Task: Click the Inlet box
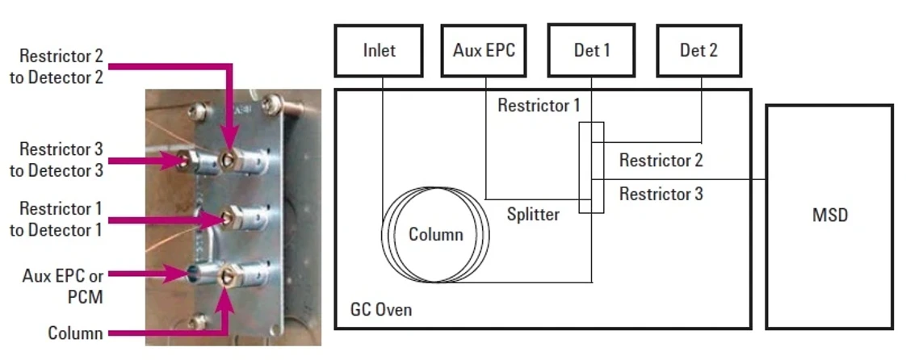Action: click(x=379, y=51)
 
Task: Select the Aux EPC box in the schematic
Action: click(x=484, y=51)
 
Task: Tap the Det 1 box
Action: click(x=591, y=51)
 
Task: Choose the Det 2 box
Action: click(x=698, y=51)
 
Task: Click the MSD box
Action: click(x=829, y=216)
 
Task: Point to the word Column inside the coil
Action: click(x=436, y=235)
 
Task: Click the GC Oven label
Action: click(x=380, y=310)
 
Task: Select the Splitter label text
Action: click(x=533, y=215)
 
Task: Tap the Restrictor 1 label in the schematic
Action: click(x=539, y=106)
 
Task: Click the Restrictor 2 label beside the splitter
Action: click(x=661, y=161)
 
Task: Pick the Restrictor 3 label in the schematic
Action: click(x=661, y=194)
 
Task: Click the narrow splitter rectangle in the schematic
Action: click(x=591, y=168)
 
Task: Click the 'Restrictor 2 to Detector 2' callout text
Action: click(x=62, y=67)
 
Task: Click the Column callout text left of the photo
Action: click(x=75, y=333)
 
